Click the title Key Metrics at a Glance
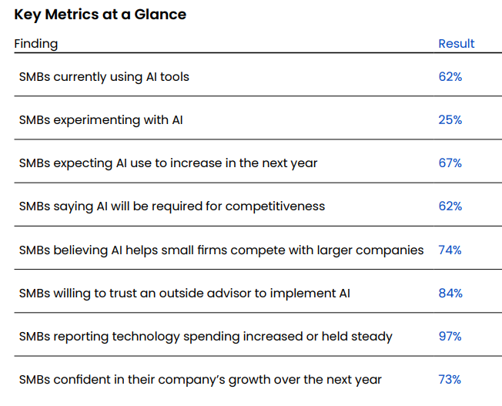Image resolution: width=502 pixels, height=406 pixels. pyautogui.click(x=100, y=14)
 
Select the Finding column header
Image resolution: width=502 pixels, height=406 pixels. pyautogui.click(x=35, y=43)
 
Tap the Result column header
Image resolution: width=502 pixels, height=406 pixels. pyautogui.click(x=457, y=43)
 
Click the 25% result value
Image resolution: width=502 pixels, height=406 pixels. pyautogui.click(x=450, y=120)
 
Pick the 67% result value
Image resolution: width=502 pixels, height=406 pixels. pyautogui.click(x=450, y=163)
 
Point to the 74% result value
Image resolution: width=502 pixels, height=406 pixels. pyautogui.click(x=450, y=250)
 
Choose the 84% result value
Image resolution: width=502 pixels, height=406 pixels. pyautogui.click(x=450, y=293)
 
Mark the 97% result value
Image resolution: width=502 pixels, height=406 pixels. pyautogui.click(x=450, y=336)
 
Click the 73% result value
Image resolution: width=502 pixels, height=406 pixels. pyautogui.click(x=450, y=379)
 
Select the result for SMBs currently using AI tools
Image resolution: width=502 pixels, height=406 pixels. pyautogui.click(x=450, y=77)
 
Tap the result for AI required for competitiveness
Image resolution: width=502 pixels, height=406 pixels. pyautogui.click(x=450, y=206)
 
